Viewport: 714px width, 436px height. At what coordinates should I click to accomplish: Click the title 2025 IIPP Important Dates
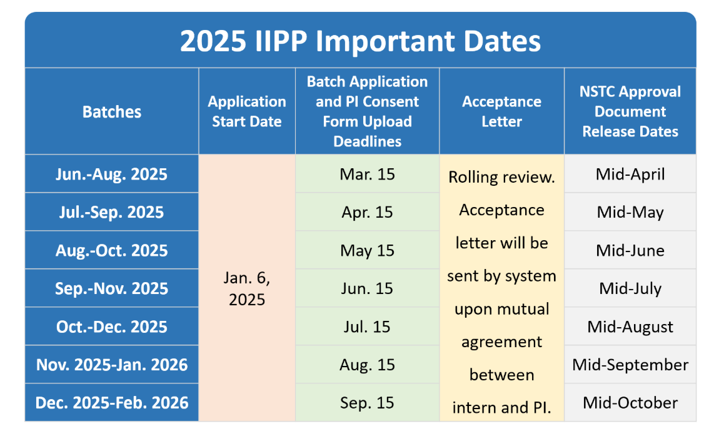(x=360, y=41)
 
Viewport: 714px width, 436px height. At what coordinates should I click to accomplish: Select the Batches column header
(x=111, y=111)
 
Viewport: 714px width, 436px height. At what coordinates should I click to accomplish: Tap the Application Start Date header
(x=247, y=111)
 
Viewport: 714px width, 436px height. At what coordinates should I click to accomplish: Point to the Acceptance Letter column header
(x=501, y=111)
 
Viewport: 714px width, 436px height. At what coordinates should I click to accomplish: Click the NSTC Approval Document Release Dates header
(x=630, y=111)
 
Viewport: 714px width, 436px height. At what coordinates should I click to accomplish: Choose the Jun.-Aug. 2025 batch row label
(x=111, y=174)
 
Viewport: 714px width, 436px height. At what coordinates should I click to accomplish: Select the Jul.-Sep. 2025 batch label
(x=111, y=212)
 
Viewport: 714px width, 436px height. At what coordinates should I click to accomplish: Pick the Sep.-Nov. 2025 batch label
(x=111, y=288)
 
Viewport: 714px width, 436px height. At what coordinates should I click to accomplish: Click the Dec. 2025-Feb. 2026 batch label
(x=111, y=403)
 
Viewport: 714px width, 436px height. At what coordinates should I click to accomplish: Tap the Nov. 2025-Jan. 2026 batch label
(x=111, y=365)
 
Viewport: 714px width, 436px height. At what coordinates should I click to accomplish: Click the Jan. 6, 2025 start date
(x=247, y=288)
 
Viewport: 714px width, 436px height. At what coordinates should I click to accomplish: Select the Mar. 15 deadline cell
(x=367, y=174)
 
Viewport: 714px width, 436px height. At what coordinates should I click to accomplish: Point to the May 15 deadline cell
(x=367, y=251)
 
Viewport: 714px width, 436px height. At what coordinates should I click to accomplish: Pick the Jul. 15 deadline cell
(x=367, y=327)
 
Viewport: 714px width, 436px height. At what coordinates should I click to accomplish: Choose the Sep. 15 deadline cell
(x=367, y=403)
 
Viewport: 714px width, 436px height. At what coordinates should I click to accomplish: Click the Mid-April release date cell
(x=630, y=174)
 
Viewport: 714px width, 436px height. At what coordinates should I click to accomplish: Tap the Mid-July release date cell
(x=630, y=288)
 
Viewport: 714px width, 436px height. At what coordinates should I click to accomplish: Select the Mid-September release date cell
(x=630, y=365)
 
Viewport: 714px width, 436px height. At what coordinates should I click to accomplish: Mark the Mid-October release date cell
(x=630, y=403)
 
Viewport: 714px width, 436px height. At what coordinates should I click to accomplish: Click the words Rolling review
(x=501, y=177)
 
